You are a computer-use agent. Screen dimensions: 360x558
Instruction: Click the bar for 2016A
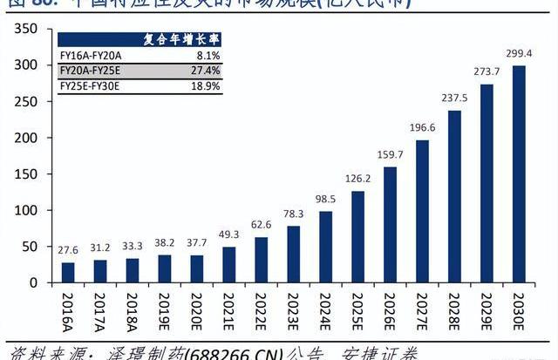click(x=68, y=272)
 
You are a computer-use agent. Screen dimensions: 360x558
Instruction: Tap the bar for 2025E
click(x=357, y=237)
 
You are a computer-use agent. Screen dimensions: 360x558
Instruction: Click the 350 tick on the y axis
click(x=25, y=30)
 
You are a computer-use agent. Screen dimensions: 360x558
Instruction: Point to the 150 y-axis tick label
click(x=25, y=174)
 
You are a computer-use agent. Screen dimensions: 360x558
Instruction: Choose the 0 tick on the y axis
click(x=32, y=283)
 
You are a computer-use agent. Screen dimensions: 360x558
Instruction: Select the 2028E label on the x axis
click(x=454, y=309)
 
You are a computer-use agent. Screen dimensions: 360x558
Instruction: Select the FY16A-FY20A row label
click(x=91, y=55)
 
